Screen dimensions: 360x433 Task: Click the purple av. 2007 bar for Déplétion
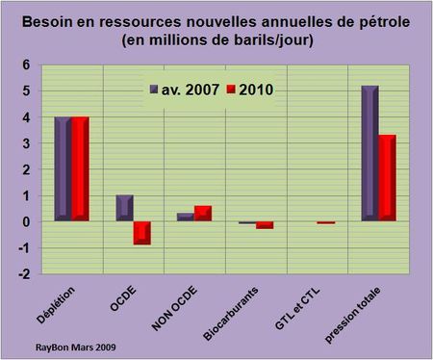click(63, 169)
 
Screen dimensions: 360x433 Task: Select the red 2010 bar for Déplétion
click(80, 169)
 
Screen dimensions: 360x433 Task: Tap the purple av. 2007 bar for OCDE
click(123, 208)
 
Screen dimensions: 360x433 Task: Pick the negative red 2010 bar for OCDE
click(142, 233)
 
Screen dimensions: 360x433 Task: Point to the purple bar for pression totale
click(369, 154)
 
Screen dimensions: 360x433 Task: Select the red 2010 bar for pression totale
click(387, 179)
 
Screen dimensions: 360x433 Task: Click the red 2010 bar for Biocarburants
click(264, 225)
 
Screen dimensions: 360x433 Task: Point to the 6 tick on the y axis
click(26, 64)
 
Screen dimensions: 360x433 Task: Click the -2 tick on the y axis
click(24, 274)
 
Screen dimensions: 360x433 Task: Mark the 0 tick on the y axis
click(26, 222)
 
